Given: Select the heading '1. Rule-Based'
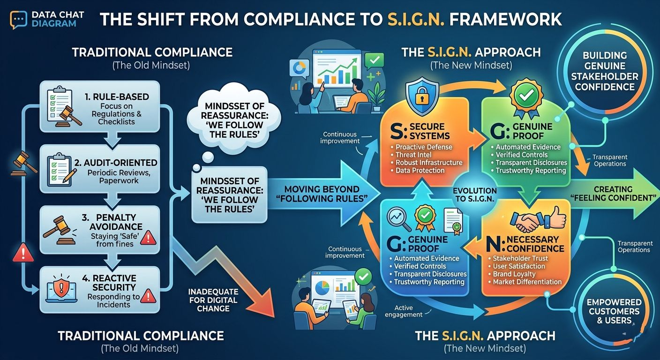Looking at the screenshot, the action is tap(117, 97).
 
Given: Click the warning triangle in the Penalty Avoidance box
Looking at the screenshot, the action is tap(148, 238).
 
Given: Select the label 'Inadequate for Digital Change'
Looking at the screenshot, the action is tap(214, 300).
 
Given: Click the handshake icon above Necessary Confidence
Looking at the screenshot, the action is tap(525, 222).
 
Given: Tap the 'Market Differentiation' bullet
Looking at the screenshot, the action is tap(527, 282).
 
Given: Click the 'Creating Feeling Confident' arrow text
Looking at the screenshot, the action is tap(613, 194).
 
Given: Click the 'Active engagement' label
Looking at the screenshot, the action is tap(403, 311).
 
